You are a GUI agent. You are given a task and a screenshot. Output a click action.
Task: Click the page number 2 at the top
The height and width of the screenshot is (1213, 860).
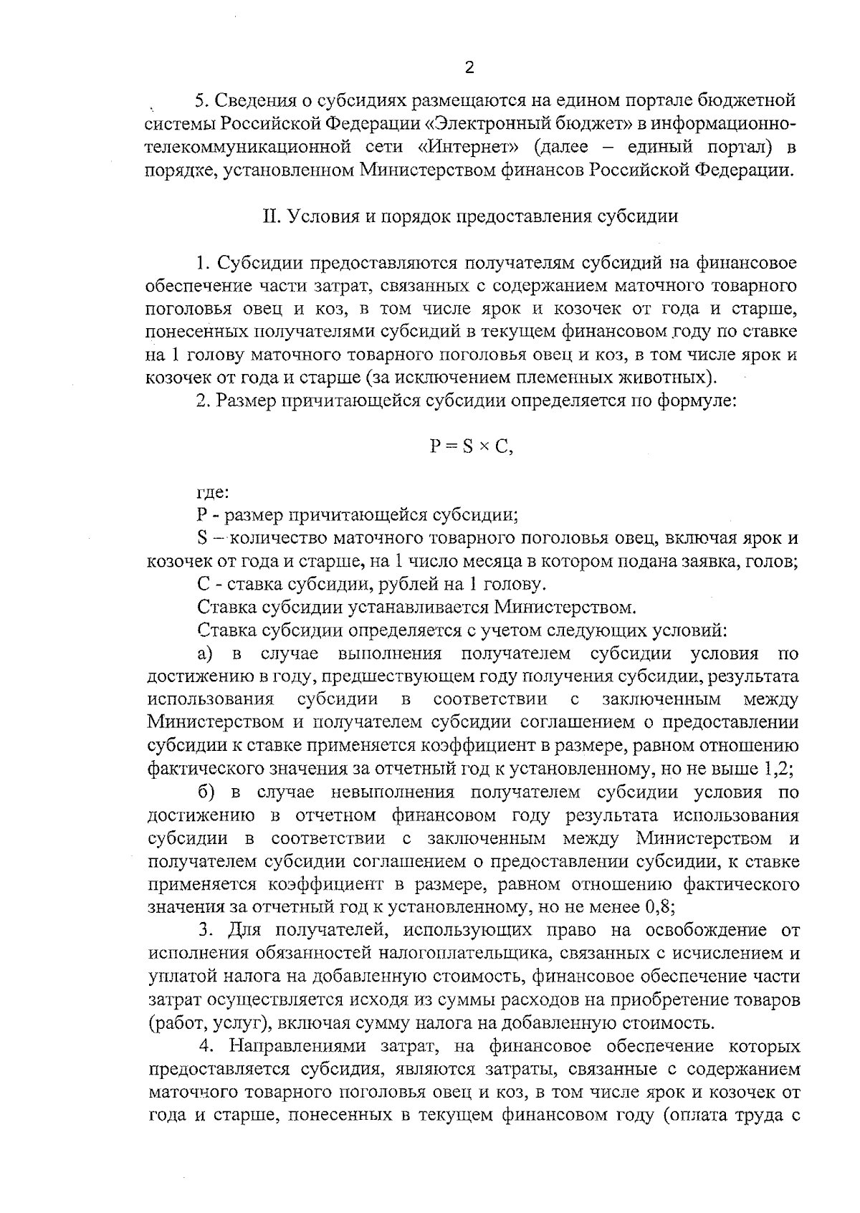pyautogui.click(x=469, y=68)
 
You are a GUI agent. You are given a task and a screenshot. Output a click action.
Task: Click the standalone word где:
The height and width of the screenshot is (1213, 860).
pyautogui.click(x=213, y=492)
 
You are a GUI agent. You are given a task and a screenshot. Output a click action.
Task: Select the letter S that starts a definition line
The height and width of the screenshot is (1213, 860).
pyautogui.click(x=201, y=538)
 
